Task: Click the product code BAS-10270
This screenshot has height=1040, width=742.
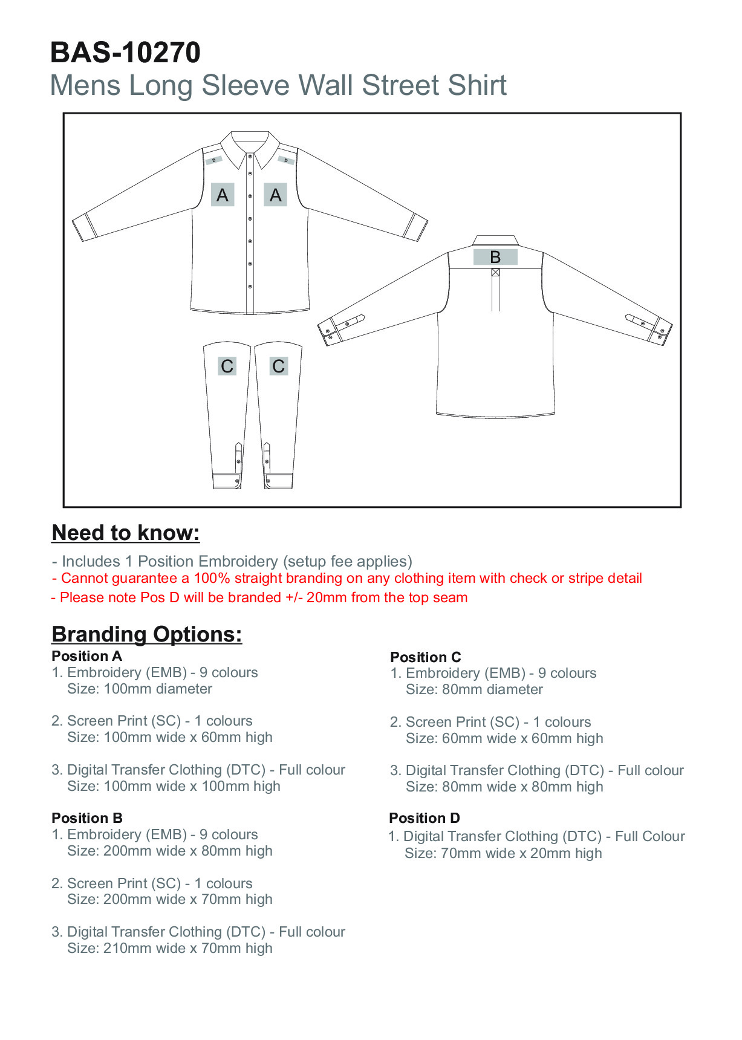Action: coord(125,53)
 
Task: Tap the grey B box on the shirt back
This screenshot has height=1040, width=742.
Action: coord(495,257)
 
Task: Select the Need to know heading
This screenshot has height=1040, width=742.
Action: coord(126,533)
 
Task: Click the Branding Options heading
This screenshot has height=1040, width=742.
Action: coord(147,634)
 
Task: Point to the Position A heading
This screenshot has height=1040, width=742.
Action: coord(87,656)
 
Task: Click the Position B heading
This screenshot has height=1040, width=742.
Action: coord(87,818)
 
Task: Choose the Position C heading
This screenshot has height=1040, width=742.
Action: coord(426,657)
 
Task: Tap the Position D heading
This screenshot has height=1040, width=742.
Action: coord(425,818)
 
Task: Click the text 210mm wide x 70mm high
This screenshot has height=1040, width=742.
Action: coord(170,948)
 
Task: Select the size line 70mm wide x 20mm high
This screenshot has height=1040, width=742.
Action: coord(504,853)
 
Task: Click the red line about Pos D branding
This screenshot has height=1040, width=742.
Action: coord(259,597)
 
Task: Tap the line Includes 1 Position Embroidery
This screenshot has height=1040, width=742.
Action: coord(232,561)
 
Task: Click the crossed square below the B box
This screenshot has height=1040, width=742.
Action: coord(495,273)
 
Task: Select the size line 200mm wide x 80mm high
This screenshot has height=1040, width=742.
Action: coord(170,851)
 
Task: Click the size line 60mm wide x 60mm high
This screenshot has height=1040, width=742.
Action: coord(504,738)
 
